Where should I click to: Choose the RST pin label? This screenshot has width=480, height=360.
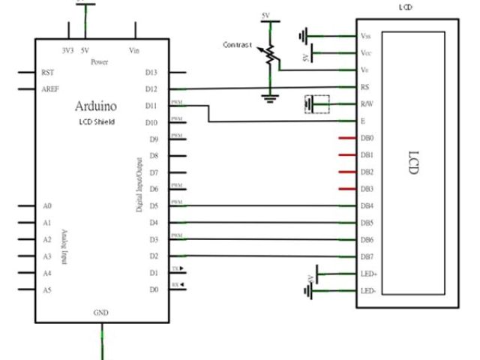(x=48, y=72)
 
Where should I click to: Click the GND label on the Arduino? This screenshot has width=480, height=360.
(x=100, y=311)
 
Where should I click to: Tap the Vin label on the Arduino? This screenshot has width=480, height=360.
(x=135, y=50)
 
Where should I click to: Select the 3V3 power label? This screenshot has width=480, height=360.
(x=68, y=50)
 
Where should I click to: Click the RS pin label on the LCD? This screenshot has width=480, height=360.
(x=364, y=88)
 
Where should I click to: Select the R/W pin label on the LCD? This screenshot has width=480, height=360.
(x=366, y=104)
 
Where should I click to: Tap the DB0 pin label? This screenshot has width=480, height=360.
(x=367, y=139)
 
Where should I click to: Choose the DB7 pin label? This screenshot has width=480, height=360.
(x=367, y=256)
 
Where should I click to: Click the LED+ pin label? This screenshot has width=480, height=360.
(x=368, y=274)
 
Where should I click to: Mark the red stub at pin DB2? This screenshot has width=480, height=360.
(x=346, y=172)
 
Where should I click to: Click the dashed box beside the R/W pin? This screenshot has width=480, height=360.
(x=319, y=104)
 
